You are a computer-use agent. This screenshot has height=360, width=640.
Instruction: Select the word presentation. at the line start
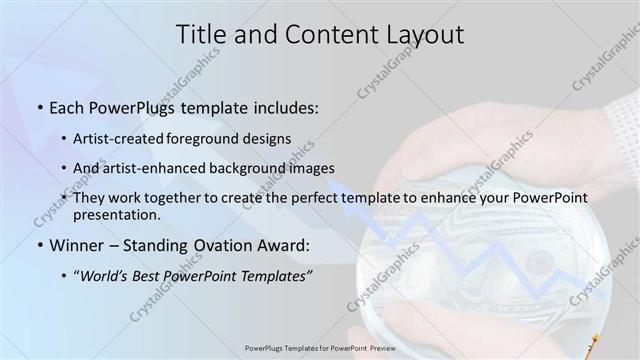pos(115,214)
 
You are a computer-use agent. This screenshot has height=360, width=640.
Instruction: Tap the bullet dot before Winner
pos(39,246)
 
